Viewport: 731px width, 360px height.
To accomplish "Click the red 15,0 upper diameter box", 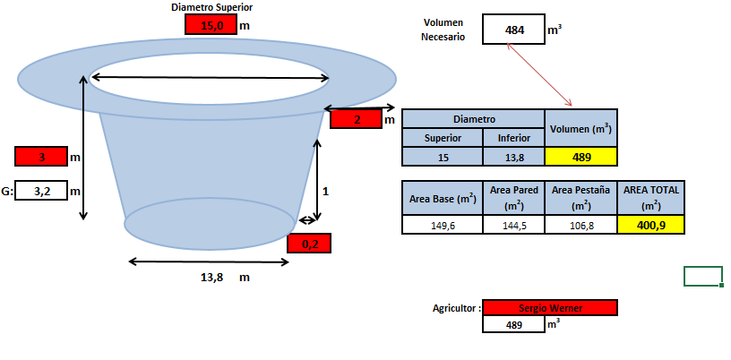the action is pos(211,25).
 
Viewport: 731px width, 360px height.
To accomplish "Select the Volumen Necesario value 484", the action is pos(513,30).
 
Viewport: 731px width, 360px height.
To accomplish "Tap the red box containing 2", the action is pos(357,119).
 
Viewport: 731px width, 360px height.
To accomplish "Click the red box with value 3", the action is pos(41,156).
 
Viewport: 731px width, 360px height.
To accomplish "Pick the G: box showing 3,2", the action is pos(41,190).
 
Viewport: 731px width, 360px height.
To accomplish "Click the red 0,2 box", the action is pos(309,243).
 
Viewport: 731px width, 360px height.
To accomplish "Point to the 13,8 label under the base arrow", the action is pos(211,278).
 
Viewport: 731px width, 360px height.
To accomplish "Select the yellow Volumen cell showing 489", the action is pos(580,157).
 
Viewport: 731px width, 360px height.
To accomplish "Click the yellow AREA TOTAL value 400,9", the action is pos(650,225).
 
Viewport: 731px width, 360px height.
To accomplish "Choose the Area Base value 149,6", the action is pos(443,226).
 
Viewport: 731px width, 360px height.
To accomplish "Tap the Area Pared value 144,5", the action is pos(513,226).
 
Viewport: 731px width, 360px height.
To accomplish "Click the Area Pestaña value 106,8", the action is pos(580,226).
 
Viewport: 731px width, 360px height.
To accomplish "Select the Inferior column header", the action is pos(513,138).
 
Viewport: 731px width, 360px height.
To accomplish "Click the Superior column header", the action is pos(443,138).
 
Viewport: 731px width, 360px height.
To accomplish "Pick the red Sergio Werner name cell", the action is pos(550,308).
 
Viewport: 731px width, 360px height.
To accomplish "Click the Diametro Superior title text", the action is pos(212,7).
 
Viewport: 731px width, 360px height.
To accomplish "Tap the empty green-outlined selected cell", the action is pos(703,276).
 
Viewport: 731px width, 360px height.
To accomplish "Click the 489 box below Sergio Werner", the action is pos(513,324).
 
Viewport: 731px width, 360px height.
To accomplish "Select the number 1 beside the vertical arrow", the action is pos(326,191).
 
